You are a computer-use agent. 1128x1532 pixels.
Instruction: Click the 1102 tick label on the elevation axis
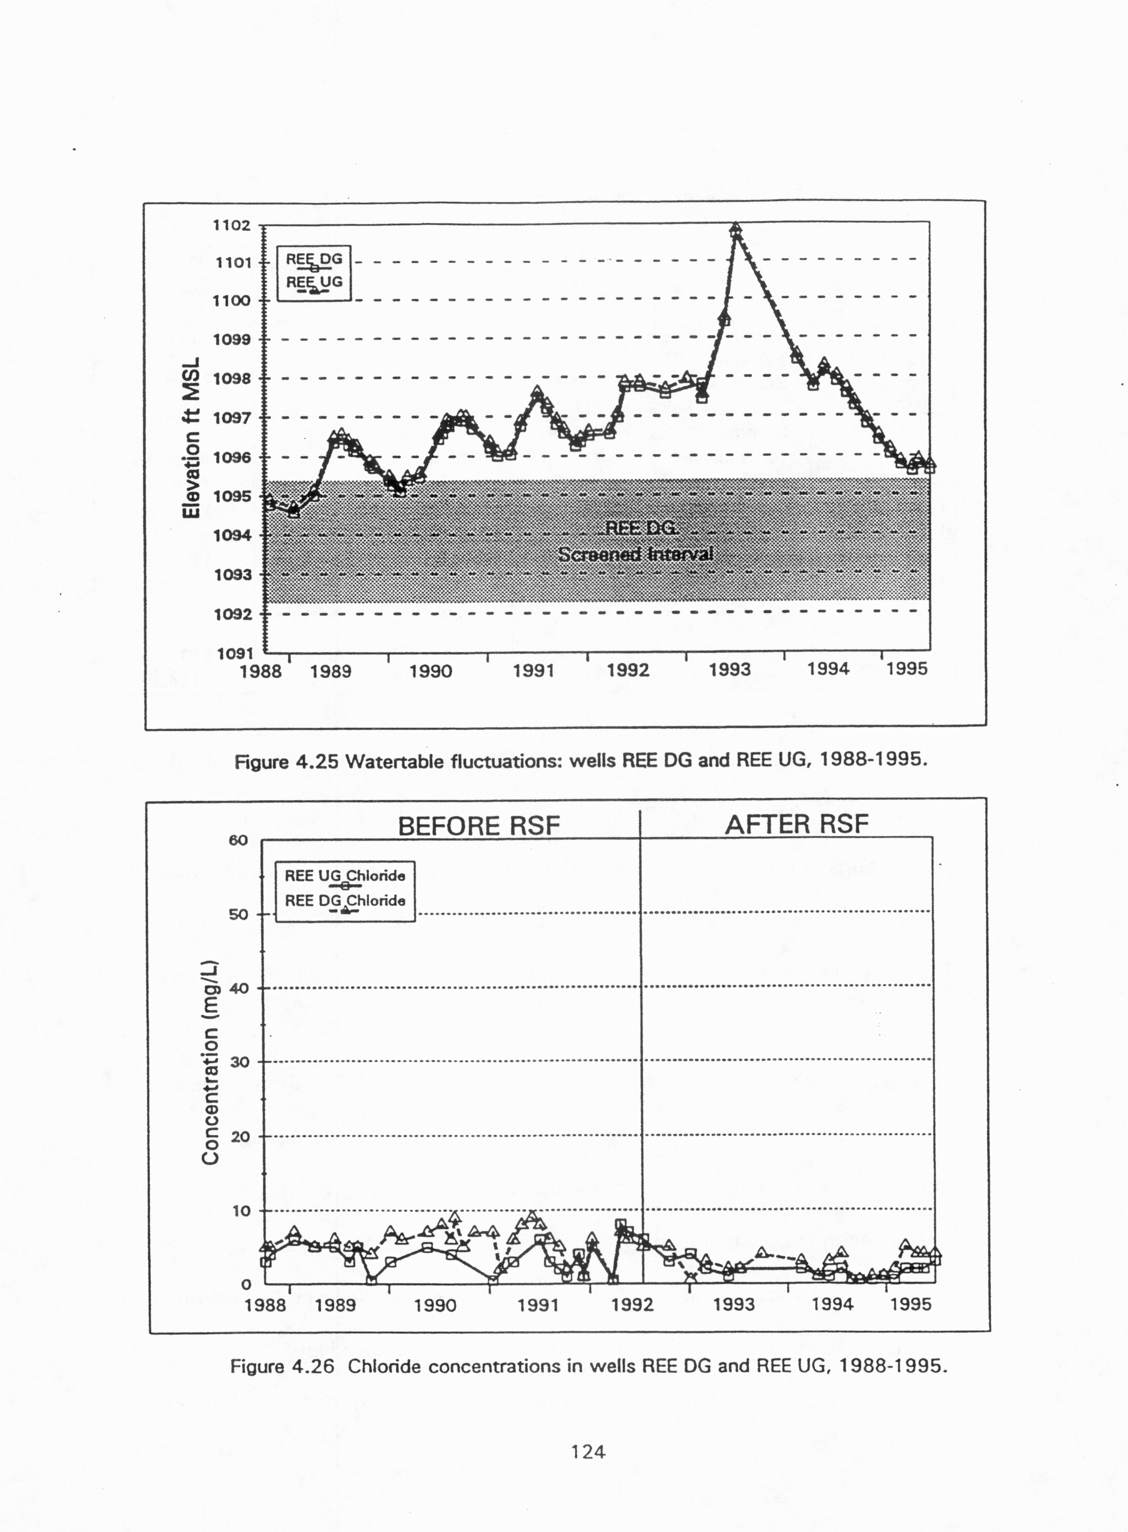coord(231,225)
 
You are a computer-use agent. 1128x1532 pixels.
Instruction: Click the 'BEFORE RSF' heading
coord(479,826)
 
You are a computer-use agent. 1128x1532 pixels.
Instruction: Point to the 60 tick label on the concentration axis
coord(238,841)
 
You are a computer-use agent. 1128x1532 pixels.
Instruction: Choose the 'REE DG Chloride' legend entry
coord(345,901)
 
